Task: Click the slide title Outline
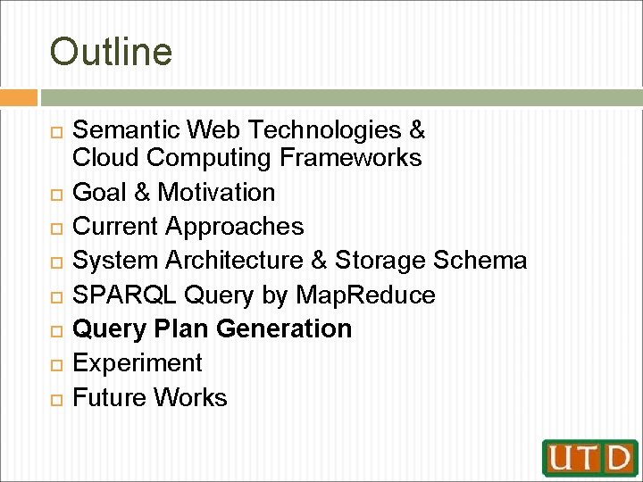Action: point(111,52)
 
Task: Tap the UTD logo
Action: point(589,458)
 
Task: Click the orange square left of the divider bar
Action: point(19,97)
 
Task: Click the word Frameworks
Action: point(350,158)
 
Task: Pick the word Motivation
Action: point(215,192)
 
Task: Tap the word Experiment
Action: point(138,363)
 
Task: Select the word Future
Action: point(111,397)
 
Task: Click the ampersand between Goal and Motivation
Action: point(143,192)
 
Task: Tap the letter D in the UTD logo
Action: point(616,458)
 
